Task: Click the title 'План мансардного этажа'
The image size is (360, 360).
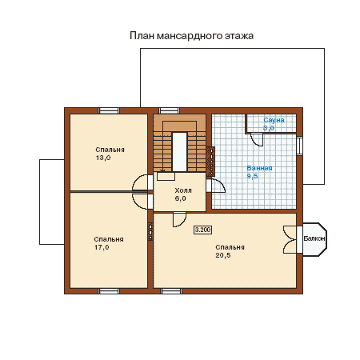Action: (191, 36)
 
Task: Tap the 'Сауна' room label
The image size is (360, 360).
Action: (274, 120)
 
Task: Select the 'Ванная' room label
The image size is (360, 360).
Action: (259, 168)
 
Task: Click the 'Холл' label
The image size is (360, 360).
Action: (183, 190)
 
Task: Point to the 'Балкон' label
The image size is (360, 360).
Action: (314, 238)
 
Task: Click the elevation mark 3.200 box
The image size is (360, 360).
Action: (203, 230)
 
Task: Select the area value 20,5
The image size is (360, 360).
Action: (223, 255)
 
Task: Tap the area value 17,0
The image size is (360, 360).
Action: (102, 247)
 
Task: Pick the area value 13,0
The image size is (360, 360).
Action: (103, 158)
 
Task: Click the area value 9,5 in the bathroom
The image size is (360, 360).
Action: (252, 176)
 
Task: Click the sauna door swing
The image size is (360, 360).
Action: (257, 139)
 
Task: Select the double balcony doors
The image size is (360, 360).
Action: (290, 240)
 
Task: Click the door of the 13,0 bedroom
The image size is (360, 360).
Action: (141, 182)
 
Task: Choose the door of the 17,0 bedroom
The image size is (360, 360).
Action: (141, 201)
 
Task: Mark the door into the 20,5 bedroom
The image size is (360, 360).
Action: (179, 219)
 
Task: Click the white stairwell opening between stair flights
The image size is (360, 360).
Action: (179, 152)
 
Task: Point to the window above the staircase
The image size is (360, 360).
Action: (170, 110)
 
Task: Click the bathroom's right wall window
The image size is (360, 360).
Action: (300, 146)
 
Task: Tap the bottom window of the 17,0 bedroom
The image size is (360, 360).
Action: (109, 291)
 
